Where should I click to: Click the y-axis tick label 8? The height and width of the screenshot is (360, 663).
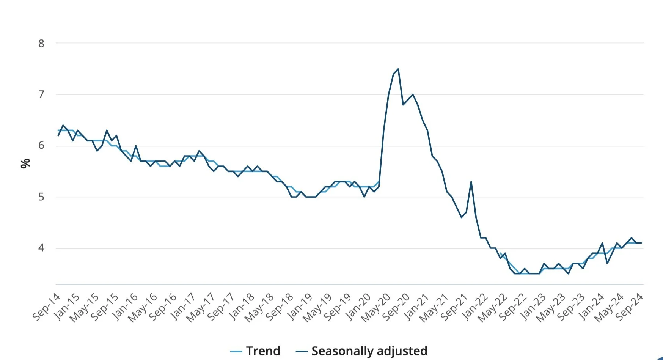coord(41,44)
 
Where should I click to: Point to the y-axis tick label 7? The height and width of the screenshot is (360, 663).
coord(41,94)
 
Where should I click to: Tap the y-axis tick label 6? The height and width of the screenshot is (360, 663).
coord(41,146)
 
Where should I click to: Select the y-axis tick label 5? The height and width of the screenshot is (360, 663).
coord(41,197)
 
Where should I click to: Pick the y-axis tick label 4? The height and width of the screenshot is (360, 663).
coord(41,248)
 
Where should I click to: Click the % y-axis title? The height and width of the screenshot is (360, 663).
coord(25,163)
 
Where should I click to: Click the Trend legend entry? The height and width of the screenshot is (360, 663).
coord(255,351)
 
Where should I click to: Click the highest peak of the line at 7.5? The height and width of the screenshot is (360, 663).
coord(398,69)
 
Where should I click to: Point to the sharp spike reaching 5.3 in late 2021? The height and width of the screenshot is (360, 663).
coord(471,181)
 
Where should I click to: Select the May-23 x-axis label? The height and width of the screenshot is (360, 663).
coord(551,307)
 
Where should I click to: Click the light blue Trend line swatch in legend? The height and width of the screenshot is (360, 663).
coord(236,351)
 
